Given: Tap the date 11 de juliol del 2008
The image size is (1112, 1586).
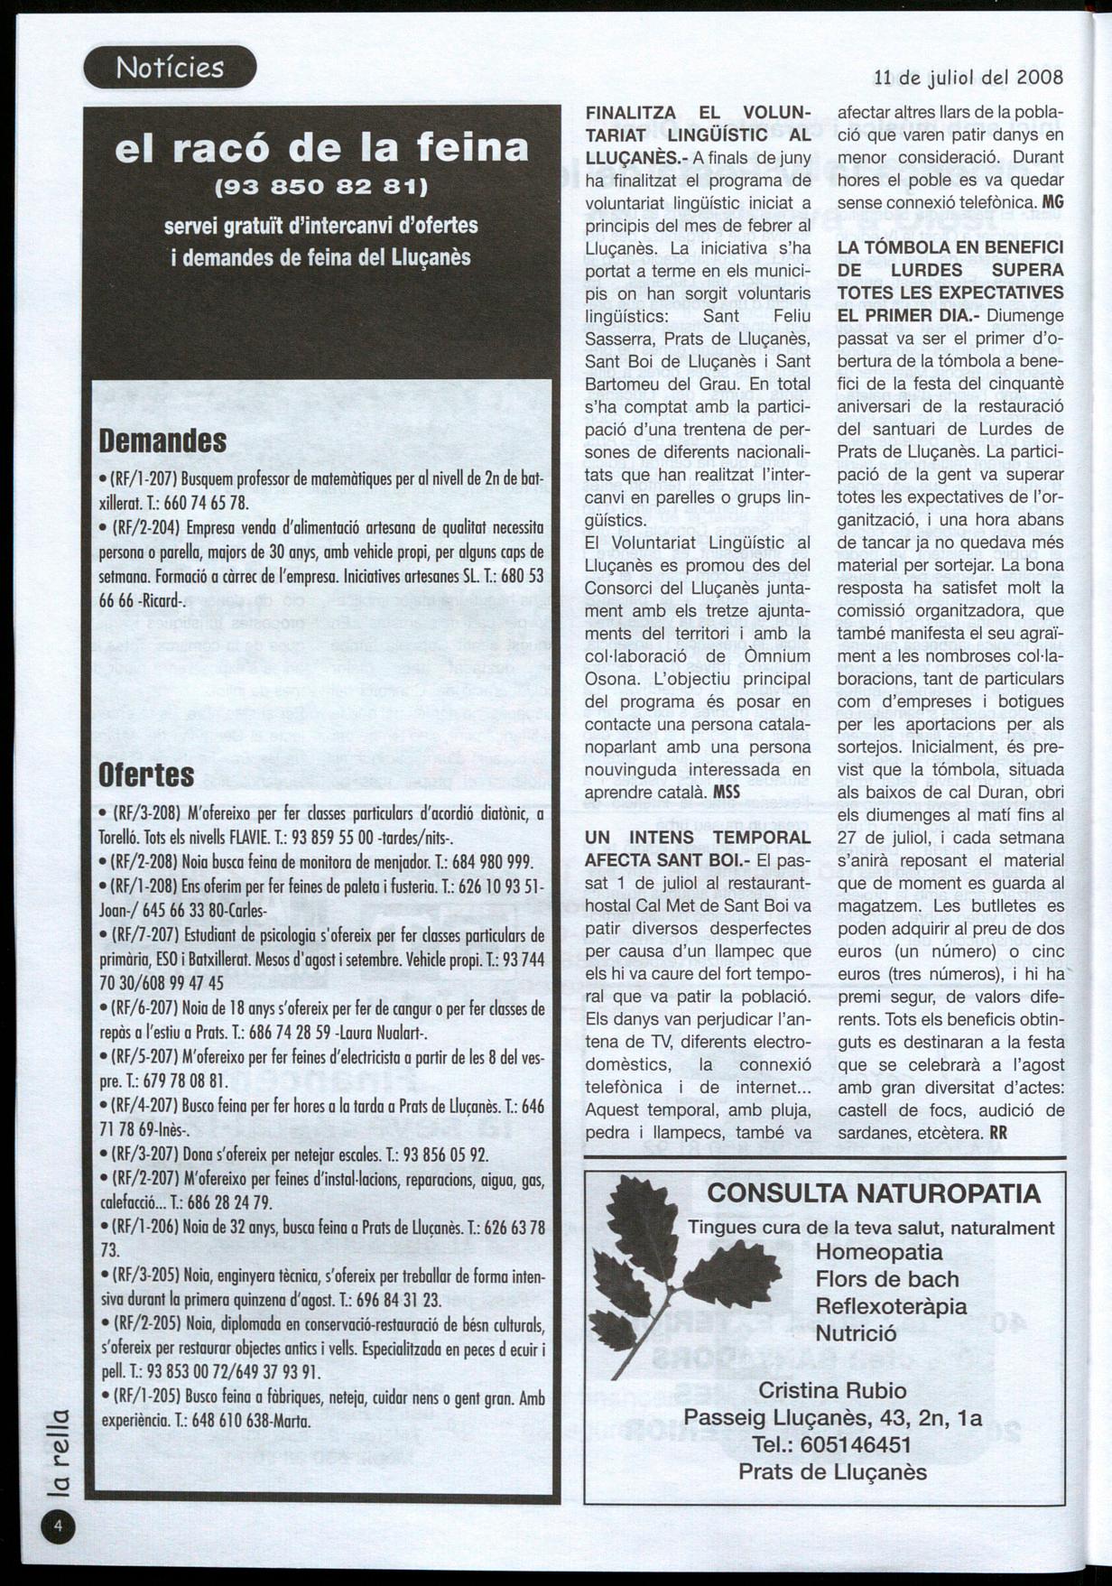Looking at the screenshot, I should click(969, 78).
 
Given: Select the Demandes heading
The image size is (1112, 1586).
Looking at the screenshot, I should click(162, 441).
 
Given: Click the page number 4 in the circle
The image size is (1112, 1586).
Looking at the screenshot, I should click(57, 1526).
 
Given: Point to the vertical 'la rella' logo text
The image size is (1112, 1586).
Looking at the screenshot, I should click(57, 1455).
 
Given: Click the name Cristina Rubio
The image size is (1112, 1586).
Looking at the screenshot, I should click(832, 1389).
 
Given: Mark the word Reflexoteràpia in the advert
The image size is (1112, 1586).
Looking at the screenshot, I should click(891, 1306).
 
